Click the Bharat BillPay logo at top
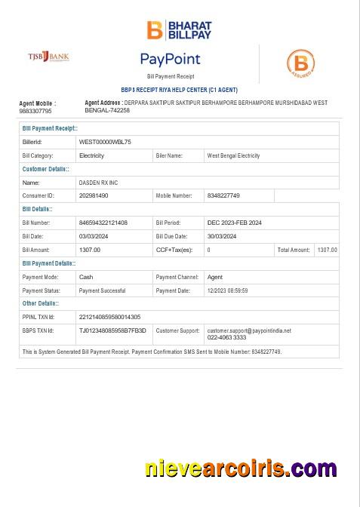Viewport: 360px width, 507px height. pos(179,29)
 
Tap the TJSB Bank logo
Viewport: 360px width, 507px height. pos(49,57)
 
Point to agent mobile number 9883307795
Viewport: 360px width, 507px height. pos(35,111)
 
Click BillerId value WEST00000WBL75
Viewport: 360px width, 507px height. pos(105,142)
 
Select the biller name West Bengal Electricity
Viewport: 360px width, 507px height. pos(233,155)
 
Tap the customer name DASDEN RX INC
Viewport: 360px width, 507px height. pos(98,183)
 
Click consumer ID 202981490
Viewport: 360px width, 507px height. pos(94,195)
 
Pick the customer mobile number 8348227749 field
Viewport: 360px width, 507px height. pos(223,195)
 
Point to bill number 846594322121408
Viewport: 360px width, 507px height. pos(103,223)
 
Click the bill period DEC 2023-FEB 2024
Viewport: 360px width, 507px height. pos(235,223)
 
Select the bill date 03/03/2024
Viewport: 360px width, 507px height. pos(94,236)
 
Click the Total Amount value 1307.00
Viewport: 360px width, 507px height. pos(327,250)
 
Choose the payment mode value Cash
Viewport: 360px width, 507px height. pos(86,277)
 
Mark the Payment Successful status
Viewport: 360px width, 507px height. pos(102,290)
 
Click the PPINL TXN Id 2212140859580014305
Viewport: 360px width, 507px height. pos(109,317)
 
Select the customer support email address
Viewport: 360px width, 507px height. pos(249,330)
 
